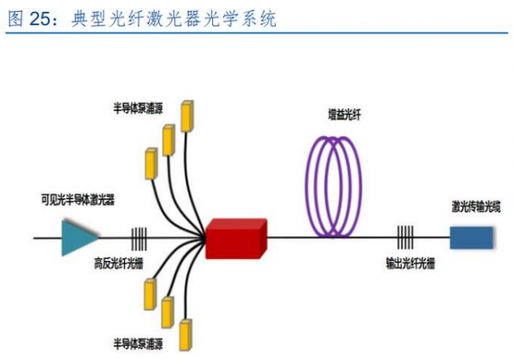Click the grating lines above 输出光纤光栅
point(407,237)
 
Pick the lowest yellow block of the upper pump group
point(150,162)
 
